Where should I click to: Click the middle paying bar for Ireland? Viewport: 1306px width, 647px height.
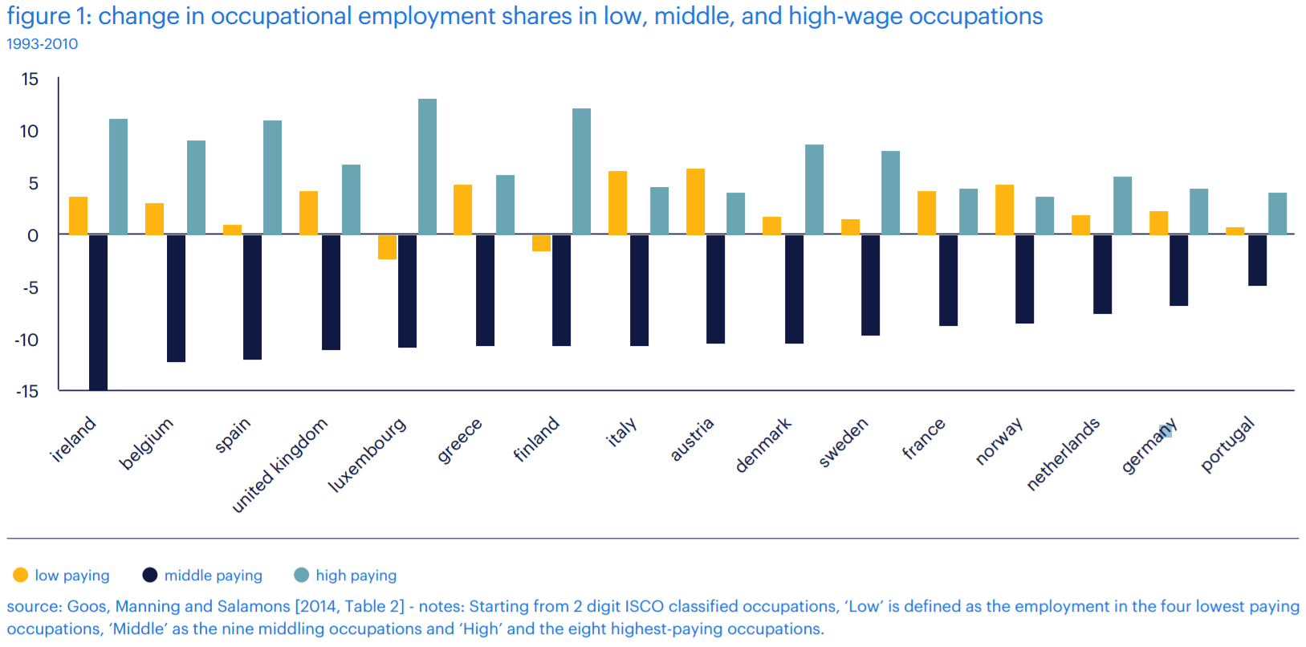pos(98,312)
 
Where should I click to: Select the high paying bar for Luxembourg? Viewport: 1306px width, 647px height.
pos(427,167)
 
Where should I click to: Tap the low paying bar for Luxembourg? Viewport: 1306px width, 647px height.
pos(387,247)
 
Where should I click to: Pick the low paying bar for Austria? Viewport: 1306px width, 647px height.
pos(695,201)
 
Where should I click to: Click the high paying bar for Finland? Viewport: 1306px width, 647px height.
pos(581,172)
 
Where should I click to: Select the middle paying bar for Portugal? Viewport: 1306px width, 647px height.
pos(1257,260)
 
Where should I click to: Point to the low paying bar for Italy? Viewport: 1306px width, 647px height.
pos(617,203)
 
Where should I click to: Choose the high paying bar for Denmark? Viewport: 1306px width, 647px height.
pos(814,189)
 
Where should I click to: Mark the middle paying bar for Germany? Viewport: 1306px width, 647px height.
pos(1178,271)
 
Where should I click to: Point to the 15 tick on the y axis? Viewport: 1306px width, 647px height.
pos(30,79)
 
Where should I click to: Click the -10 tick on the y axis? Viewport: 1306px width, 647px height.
pos(27,340)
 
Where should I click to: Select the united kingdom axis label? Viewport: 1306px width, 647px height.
pos(279,465)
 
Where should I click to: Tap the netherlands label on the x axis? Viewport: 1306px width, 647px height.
pos(1063,454)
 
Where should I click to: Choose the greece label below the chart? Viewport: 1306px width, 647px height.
pos(459,440)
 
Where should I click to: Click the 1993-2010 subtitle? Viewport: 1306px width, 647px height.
pos(43,44)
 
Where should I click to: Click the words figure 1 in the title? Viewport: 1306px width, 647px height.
pos(47,16)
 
